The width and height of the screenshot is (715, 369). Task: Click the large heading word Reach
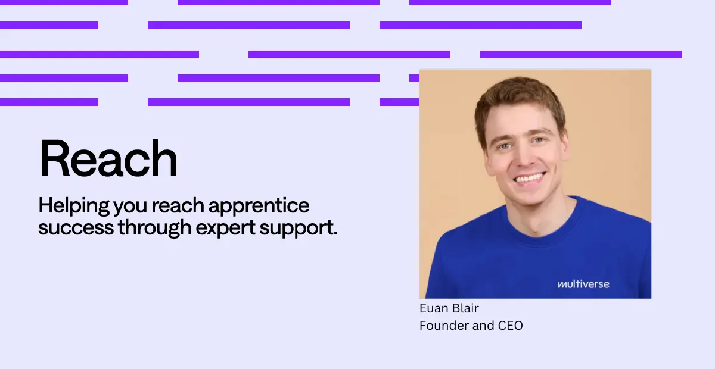[x=108, y=158]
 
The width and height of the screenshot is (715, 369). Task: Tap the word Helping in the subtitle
[x=74, y=206]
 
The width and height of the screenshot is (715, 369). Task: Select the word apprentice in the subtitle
[x=259, y=206]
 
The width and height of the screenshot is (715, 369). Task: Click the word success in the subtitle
[x=76, y=228]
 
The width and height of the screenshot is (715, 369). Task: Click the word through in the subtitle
[x=154, y=228]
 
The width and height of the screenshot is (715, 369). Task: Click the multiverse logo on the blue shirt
[x=583, y=284]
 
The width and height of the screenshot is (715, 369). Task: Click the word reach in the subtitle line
[x=178, y=206]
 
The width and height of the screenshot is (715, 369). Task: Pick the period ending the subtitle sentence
[x=335, y=234]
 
